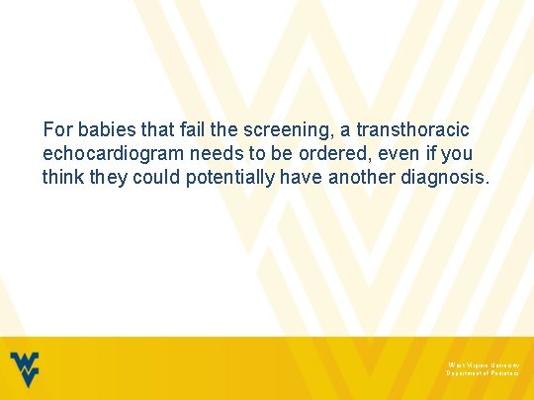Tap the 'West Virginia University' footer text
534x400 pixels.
(483, 364)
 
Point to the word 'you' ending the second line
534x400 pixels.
(458, 154)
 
